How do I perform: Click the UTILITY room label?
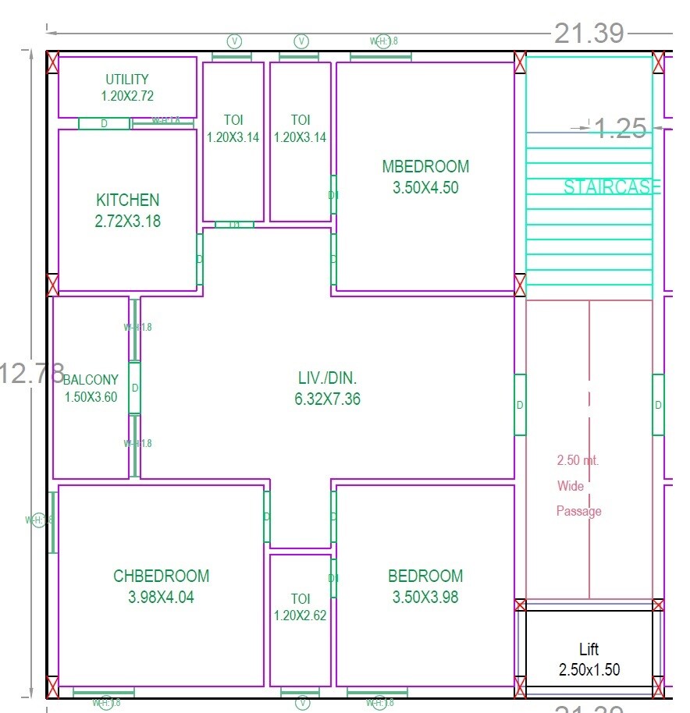(127, 80)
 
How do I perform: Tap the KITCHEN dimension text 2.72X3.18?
(127, 221)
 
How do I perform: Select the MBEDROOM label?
(425, 166)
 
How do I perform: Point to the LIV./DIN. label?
(328, 379)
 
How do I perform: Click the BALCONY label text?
(91, 380)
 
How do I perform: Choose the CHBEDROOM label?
(161, 576)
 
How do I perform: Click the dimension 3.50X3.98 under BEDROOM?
(425, 598)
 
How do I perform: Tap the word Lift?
(589, 649)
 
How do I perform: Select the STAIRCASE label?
(612, 187)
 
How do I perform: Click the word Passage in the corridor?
(578, 512)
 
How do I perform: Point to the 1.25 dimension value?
(621, 128)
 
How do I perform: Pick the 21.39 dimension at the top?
(589, 33)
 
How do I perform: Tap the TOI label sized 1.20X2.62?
(301, 598)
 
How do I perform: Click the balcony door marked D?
(135, 388)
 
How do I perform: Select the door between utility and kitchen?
(104, 123)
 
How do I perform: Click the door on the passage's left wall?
(520, 405)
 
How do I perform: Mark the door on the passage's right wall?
(658, 405)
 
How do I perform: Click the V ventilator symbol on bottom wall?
(302, 703)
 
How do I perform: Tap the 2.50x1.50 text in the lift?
(589, 669)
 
